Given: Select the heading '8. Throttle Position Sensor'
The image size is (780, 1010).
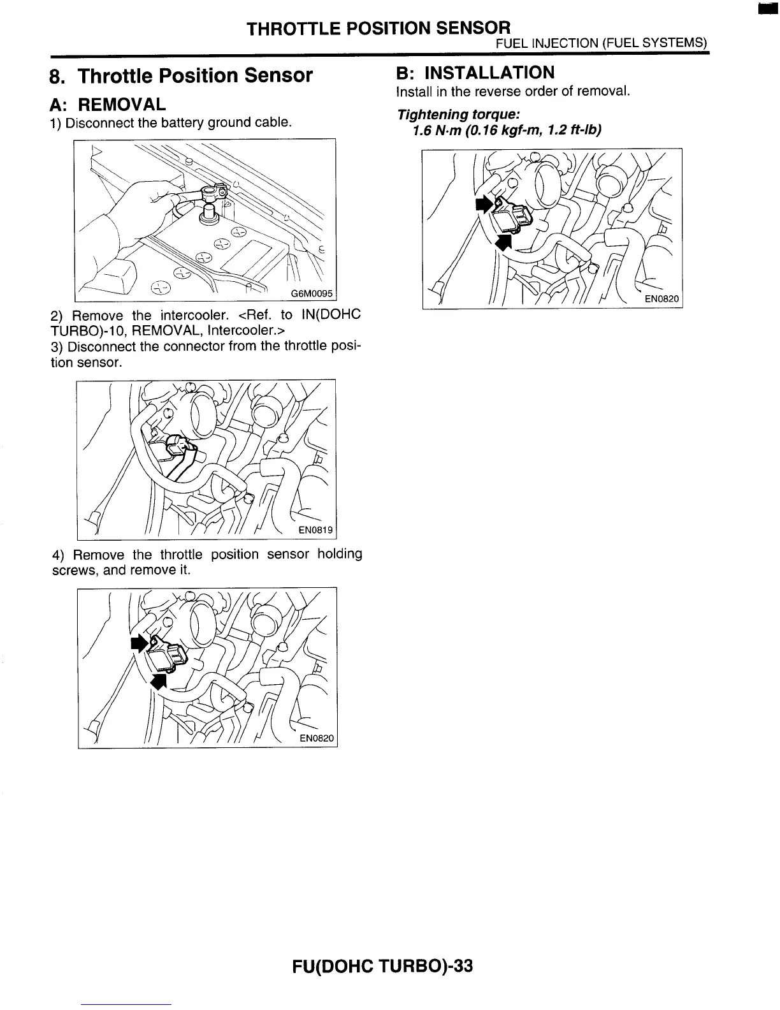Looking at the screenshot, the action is pos(182,76).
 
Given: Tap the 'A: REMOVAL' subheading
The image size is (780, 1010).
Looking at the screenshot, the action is pos(108,104).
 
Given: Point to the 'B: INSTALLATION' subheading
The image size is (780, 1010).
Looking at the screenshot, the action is pos(475,72).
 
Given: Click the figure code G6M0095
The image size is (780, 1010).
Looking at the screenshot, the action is pos(312,293).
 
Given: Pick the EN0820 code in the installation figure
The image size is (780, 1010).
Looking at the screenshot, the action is pos(661,299).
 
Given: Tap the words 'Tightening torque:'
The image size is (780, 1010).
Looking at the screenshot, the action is pos(458,115).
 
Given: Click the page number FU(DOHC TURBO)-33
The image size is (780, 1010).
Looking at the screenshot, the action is pos(382,967).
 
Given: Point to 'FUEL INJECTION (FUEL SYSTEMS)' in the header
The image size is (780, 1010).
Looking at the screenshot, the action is pos(602,43).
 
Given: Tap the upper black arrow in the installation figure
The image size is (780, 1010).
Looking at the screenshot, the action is pos(484,204).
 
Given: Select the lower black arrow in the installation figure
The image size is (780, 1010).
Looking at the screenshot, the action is pos(503,241).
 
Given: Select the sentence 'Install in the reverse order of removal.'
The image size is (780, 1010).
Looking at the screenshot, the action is pos(513,91).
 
